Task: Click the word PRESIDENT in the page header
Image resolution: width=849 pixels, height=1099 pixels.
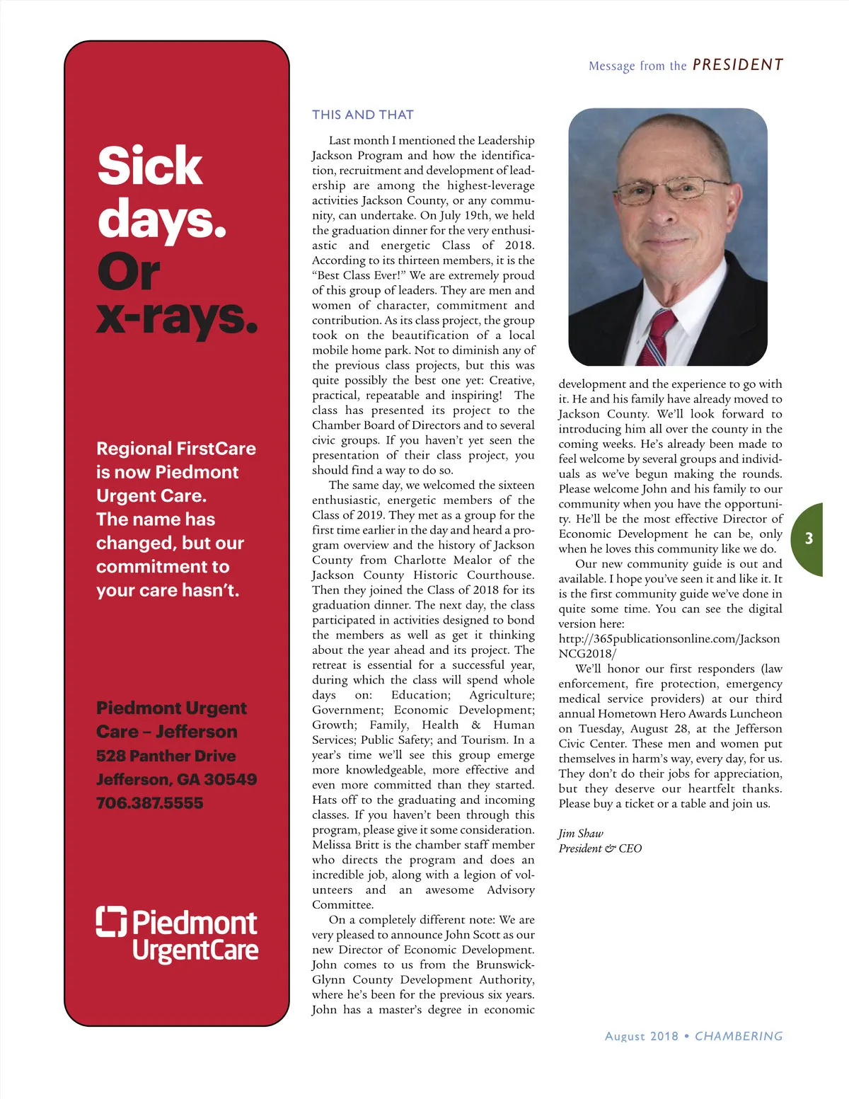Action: pos(737,65)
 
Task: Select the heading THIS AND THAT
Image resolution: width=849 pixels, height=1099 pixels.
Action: pos(362,115)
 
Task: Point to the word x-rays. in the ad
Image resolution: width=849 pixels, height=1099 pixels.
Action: pos(176,318)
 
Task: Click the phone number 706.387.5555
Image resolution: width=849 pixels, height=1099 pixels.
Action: pos(149,803)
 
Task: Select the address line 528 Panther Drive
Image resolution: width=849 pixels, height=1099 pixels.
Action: pos(166,756)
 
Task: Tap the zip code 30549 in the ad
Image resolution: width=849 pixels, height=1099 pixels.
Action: pos(230,780)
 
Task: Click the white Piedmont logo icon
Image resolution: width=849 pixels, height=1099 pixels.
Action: pos(111,921)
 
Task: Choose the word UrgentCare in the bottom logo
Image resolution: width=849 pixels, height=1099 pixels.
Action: pos(195,950)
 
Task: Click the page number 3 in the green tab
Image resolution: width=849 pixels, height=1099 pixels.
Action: pos(809,539)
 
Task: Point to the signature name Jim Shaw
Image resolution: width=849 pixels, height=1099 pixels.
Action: pos(580,834)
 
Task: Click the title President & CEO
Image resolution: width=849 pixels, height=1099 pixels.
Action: pos(600,848)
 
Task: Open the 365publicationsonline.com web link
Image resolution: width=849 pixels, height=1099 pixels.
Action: pos(669,639)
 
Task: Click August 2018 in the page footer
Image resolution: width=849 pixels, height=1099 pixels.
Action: pos(641,1036)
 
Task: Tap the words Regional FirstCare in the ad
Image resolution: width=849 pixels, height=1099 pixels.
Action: pos(175,449)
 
